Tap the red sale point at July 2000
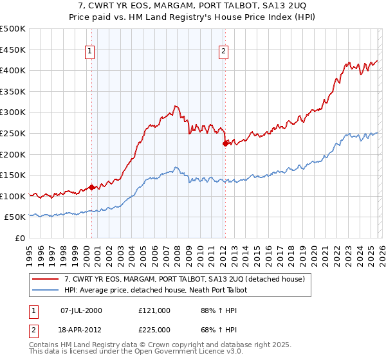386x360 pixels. coord(91,187)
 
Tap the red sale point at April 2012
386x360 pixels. coord(225,144)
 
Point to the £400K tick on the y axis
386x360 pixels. coord(14,70)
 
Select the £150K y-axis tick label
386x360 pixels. coord(14,175)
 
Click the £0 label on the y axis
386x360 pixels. coord(20,238)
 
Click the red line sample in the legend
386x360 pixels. coord(46,279)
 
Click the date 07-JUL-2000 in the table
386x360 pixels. coord(81,310)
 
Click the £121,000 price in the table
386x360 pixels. coord(154,310)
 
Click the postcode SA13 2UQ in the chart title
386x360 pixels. coord(284,4)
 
